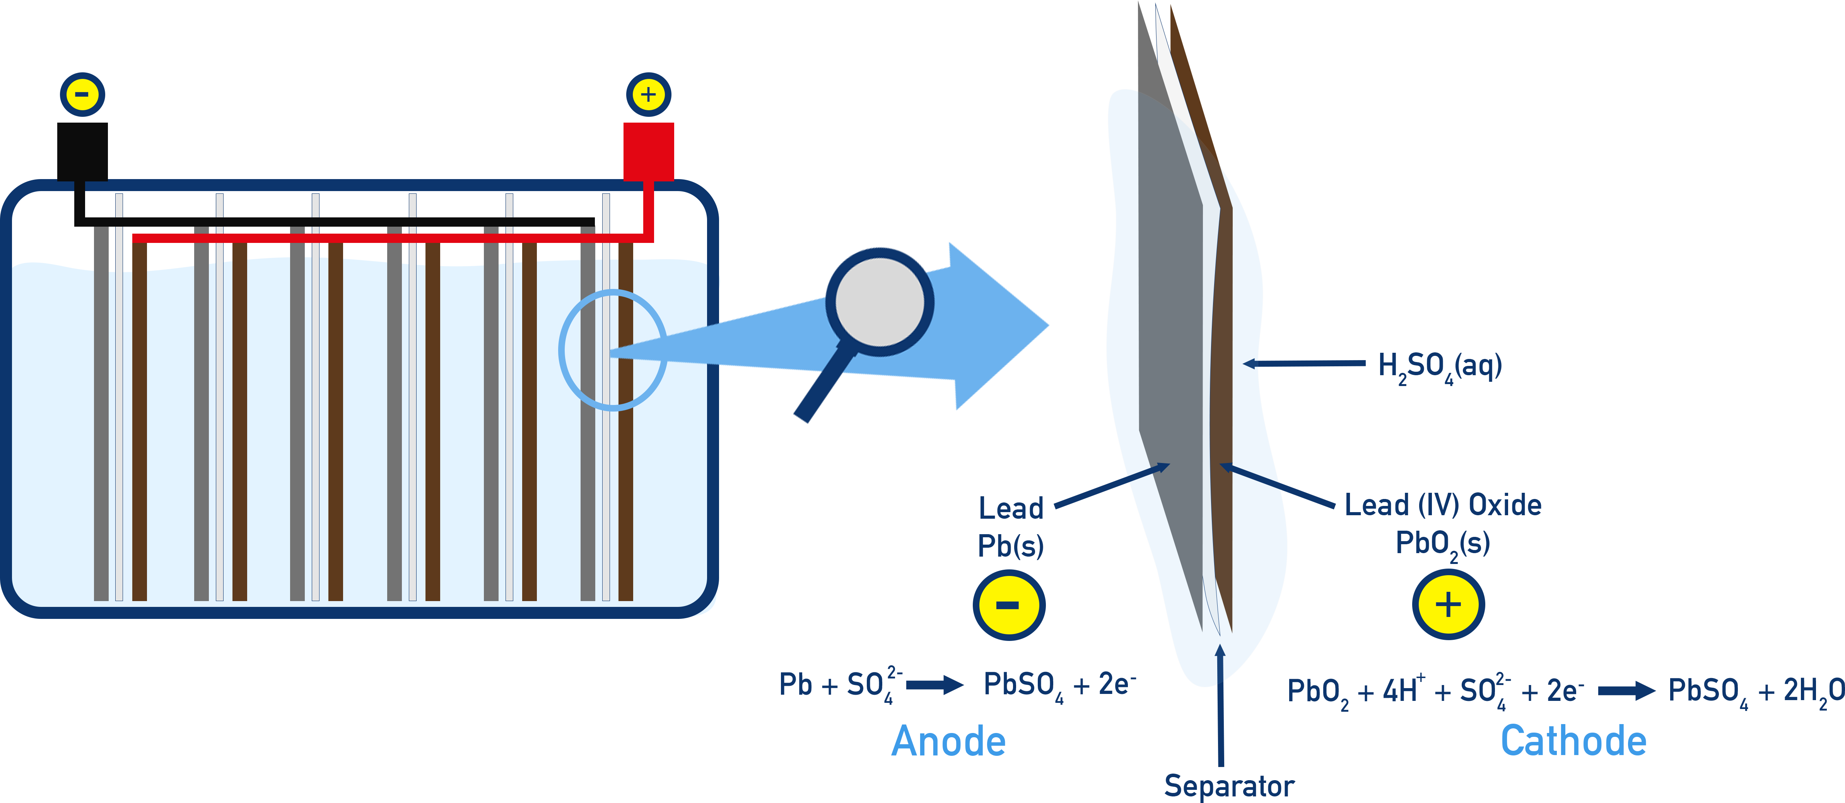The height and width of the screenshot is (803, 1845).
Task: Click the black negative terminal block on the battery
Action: [x=82, y=150]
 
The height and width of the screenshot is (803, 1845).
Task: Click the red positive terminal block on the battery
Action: [x=648, y=150]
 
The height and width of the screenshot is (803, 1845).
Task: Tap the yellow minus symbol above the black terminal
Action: [x=82, y=94]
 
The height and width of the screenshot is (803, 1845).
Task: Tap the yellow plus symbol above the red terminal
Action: [x=648, y=94]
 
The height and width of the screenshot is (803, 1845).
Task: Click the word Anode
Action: [x=948, y=741]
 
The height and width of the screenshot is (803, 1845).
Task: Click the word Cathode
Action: [x=1573, y=741]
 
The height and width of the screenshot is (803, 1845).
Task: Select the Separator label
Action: [x=1229, y=786]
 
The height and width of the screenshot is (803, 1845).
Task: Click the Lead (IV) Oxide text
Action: [x=1442, y=505]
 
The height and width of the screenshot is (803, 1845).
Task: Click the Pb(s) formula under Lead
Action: [x=1011, y=546]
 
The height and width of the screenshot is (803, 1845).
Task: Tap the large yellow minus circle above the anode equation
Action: [x=1008, y=605]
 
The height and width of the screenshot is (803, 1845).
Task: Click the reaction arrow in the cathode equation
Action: [x=1626, y=691]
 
